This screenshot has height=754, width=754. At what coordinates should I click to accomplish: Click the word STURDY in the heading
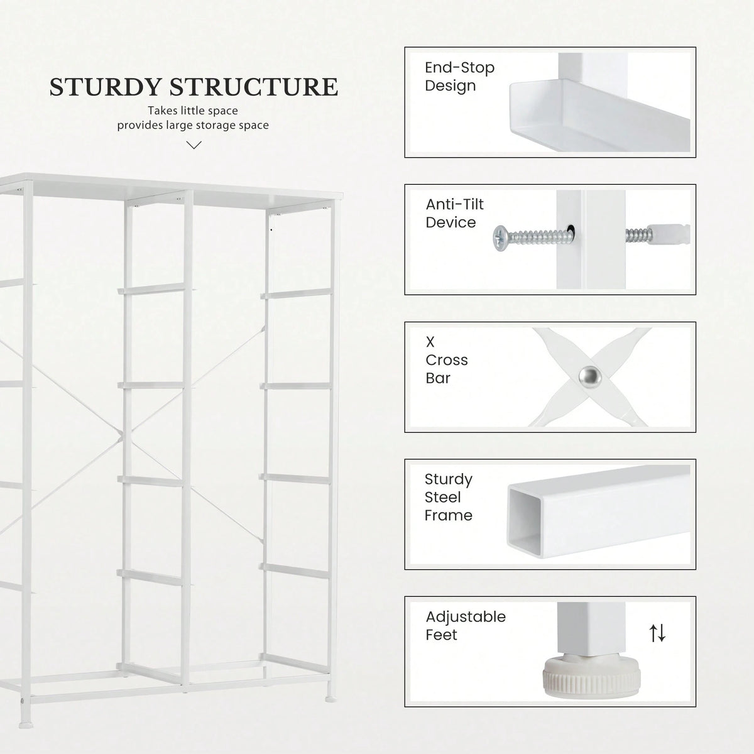point(106,87)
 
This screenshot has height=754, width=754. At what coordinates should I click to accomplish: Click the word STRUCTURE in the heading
point(254,87)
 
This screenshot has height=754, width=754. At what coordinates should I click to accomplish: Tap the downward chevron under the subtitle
point(194,145)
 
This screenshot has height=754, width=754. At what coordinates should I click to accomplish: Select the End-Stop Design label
point(459,76)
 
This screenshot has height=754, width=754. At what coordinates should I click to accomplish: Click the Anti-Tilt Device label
point(454,213)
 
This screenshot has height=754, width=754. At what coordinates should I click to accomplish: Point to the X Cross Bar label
point(447,360)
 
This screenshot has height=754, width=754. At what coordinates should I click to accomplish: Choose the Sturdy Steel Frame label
point(449,497)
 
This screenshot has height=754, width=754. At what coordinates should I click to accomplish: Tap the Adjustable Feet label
point(466,626)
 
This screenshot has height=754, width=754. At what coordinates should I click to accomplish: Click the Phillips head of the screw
point(500,238)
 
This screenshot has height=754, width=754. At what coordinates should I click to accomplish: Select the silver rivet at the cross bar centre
point(590,377)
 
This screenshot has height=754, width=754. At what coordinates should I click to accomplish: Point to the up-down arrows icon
point(657,633)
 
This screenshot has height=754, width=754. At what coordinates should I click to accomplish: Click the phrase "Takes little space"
point(193,111)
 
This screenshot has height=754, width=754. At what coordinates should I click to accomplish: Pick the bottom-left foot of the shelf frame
point(26,725)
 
